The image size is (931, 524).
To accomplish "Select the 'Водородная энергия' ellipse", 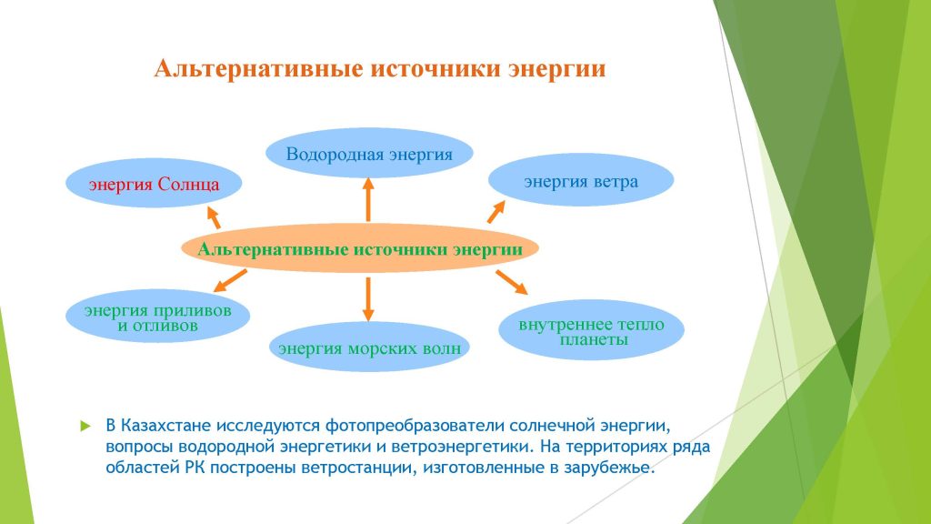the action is pyautogui.click(x=369, y=153).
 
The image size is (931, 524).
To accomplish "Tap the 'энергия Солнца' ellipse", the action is pyautogui.click(x=154, y=183).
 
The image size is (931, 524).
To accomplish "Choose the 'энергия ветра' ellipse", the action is pyautogui.click(x=581, y=180).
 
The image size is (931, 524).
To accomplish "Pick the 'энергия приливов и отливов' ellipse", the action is pyautogui.click(x=157, y=317).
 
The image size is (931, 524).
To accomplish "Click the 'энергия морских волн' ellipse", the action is pyautogui.click(x=369, y=347).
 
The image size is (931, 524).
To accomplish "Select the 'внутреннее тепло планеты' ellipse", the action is pyautogui.click(x=591, y=330).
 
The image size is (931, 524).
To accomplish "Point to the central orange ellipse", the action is pyautogui.click(x=360, y=248).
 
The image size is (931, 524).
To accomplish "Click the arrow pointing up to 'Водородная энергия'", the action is pyautogui.click(x=368, y=199).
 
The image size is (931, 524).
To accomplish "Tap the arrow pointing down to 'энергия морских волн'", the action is pyautogui.click(x=368, y=298).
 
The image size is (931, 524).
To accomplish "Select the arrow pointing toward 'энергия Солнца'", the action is pyautogui.click(x=213, y=217).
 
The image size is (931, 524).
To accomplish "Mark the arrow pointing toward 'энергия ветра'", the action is pyautogui.click(x=496, y=211).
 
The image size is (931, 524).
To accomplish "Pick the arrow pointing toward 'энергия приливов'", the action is pyautogui.click(x=230, y=280).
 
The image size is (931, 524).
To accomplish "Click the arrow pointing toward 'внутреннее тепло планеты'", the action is pyautogui.click(x=512, y=282).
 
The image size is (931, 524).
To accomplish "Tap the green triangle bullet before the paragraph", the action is pyautogui.click(x=85, y=426).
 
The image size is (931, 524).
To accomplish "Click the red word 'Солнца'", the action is pyautogui.click(x=187, y=184).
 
